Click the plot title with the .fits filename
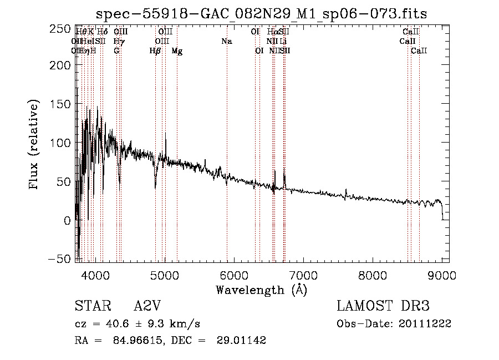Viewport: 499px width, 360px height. (x=261, y=14)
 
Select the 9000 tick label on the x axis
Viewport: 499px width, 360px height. (x=442, y=276)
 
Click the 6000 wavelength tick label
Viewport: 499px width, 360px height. (x=233, y=276)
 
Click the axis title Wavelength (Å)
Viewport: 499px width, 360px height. (x=261, y=290)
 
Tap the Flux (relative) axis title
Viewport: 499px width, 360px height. (x=34, y=145)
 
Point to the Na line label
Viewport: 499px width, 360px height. (x=226, y=42)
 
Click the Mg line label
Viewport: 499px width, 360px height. (x=177, y=51)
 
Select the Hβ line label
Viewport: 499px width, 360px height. (x=155, y=51)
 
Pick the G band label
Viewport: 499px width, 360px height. (x=116, y=51)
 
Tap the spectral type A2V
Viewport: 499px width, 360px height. (x=147, y=306)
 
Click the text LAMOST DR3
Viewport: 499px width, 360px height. (x=383, y=306)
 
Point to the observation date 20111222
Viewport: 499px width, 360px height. (x=425, y=324)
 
